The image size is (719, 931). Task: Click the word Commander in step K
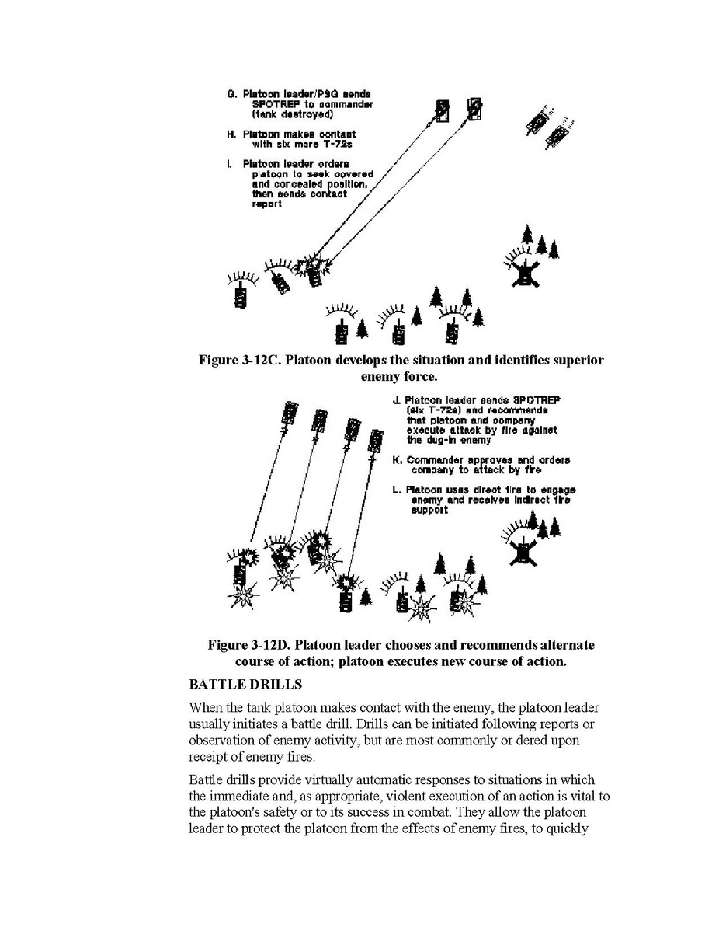(x=434, y=460)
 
